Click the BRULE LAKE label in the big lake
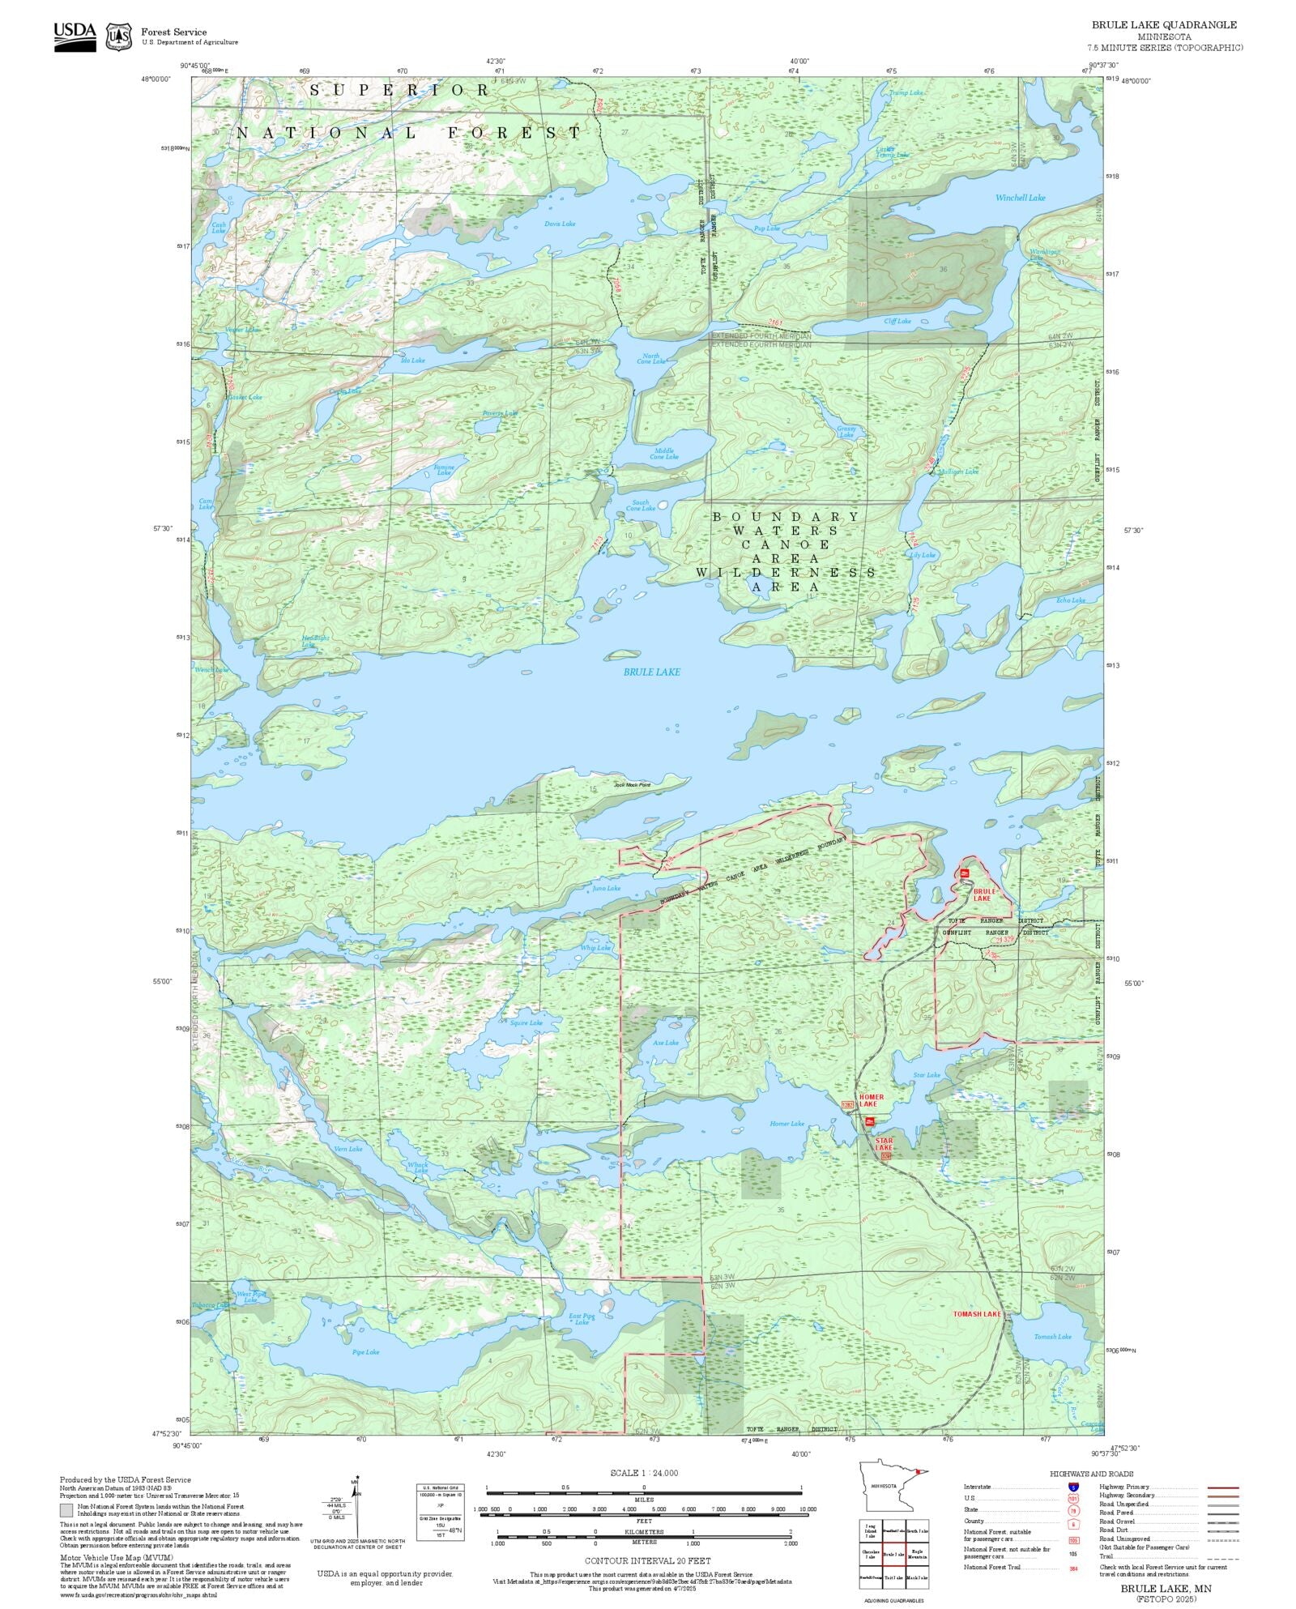[651, 672]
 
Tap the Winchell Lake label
[1020, 198]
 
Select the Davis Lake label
[560, 224]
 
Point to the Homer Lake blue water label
[787, 1124]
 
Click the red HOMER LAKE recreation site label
[872, 1100]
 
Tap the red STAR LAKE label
[884, 1144]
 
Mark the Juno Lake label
[607, 888]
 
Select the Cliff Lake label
[897, 321]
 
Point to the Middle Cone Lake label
[664, 454]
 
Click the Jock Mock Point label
[632, 785]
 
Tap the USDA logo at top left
[75, 36]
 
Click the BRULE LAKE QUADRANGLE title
[1164, 25]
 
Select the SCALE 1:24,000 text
[644, 1473]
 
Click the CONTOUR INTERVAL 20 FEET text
[648, 1560]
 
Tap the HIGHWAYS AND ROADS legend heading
[1091, 1474]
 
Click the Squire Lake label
[526, 1023]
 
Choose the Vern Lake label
[348, 1149]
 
